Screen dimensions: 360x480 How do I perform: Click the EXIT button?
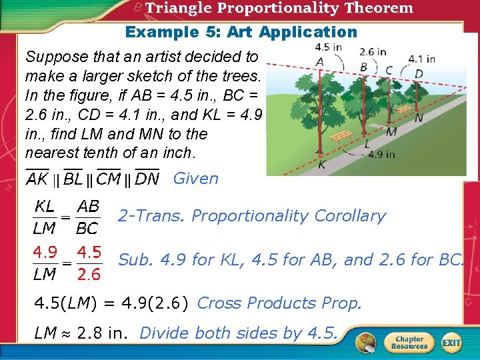click(451, 343)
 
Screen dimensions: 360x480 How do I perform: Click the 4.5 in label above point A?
click(328, 47)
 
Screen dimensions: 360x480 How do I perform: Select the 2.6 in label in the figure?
click(373, 51)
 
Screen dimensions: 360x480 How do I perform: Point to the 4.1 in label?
click(421, 58)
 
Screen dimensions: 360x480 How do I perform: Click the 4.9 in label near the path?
click(381, 154)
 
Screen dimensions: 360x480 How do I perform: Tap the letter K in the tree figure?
click(321, 165)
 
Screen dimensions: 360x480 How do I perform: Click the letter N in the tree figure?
click(418, 118)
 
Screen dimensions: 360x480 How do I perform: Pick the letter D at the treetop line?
click(419, 73)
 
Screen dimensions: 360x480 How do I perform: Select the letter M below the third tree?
click(391, 132)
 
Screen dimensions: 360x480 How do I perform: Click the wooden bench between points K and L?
click(341, 136)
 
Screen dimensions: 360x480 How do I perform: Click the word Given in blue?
click(195, 179)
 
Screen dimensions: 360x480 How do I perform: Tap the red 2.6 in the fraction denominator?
click(89, 275)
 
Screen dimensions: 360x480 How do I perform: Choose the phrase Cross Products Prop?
click(279, 303)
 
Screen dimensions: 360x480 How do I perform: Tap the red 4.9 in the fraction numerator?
click(45, 253)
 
